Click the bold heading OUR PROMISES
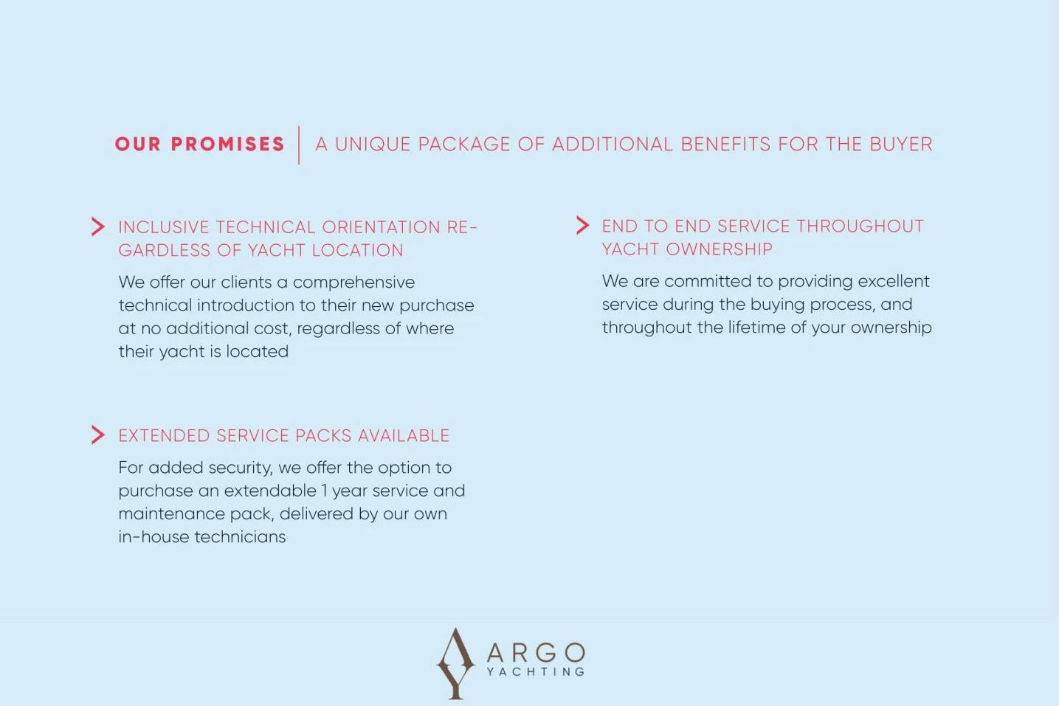coord(199,144)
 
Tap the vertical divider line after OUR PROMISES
coord(299,145)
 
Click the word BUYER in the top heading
coord(900,144)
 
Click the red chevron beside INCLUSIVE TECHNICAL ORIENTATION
coord(98,226)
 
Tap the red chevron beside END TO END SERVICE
coord(582,226)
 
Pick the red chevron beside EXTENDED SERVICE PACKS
coord(98,435)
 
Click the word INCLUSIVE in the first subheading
coord(164,227)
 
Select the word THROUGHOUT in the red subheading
coord(860,226)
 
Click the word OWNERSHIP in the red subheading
coord(719,249)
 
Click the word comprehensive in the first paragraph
coord(353,283)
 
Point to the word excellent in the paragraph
coord(894,281)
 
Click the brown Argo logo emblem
coord(455,663)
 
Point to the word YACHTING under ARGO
coord(536,671)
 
